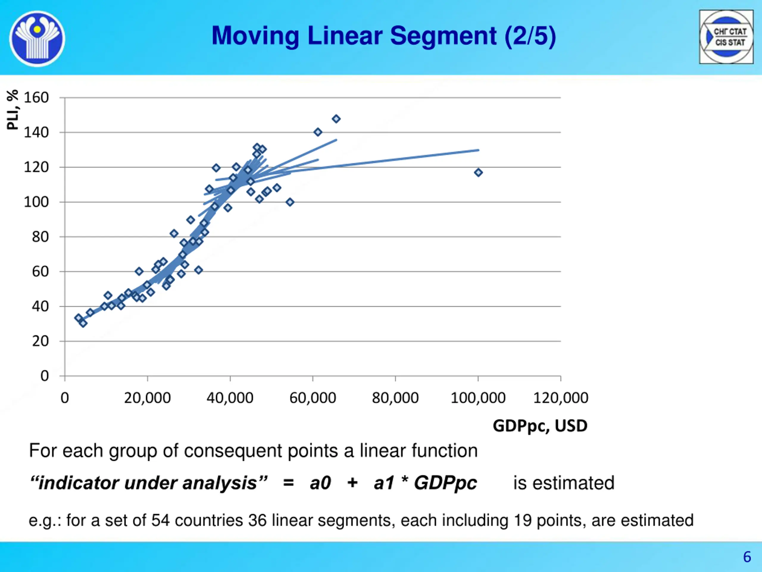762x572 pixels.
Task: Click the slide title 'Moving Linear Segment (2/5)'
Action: (x=383, y=36)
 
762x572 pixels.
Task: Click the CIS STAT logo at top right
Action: (x=726, y=37)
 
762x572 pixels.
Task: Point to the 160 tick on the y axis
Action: (x=36, y=98)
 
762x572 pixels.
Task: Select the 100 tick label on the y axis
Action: (x=36, y=202)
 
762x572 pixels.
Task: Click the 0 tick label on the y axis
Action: (x=44, y=376)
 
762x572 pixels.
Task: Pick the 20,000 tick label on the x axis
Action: (x=147, y=398)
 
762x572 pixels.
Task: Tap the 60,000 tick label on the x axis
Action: (x=313, y=398)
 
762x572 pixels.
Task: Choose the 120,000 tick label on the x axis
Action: (x=560, y=398)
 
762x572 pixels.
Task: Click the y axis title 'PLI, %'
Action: (x=13, y=110)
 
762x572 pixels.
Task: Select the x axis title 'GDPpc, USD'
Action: (x=540, y=426)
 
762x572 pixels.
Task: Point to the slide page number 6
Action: (x=747, y=557)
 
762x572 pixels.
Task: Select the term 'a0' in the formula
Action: (x=320, y=483)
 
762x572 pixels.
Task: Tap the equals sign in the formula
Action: (x=288, y=483)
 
